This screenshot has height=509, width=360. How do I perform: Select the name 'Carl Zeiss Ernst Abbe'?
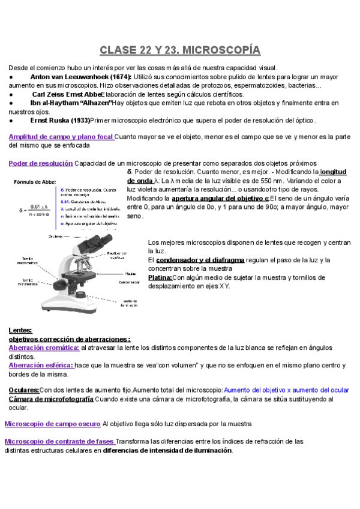[x=66, y=95]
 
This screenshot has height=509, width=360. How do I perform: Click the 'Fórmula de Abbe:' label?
[x=34, y=181]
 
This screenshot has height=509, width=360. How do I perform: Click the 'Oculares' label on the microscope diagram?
[x=56, y=236]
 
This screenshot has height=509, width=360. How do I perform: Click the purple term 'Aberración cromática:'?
[x=44, y=348]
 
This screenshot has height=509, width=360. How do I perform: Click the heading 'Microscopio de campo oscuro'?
[x=52, y=424]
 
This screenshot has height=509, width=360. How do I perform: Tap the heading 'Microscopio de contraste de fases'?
[x=59, y=441]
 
